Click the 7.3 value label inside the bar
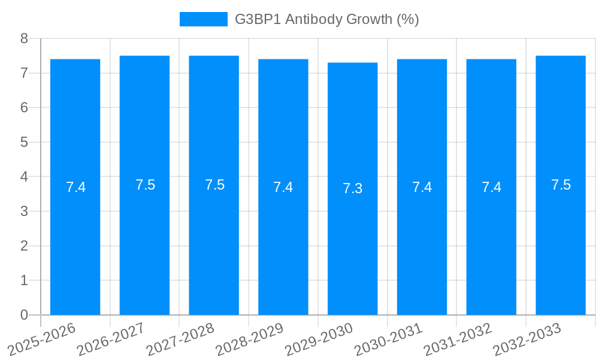point(352,188)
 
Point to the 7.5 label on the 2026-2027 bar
point(145,185)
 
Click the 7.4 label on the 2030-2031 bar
point(422,187)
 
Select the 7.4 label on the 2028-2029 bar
point(283,187)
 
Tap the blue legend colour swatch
point(204,19)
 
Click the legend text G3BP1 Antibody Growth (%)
point(326,19)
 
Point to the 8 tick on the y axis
point(24,38)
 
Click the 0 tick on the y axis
point(24,315)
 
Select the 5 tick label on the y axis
point(24,142)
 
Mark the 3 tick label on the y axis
point(24,211)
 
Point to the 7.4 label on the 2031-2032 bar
point(491,187)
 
